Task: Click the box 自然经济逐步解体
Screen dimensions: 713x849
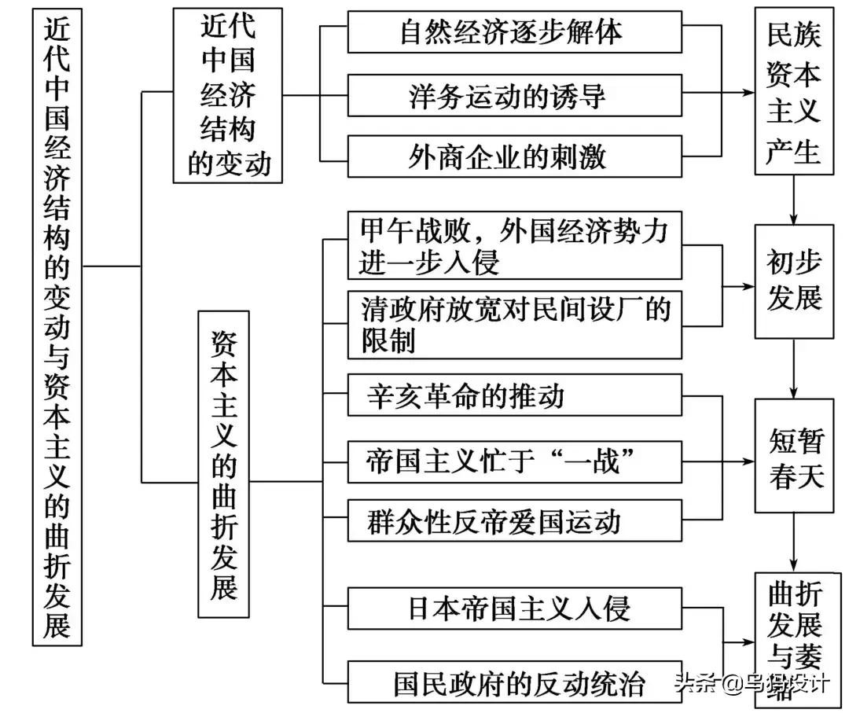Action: (514, 32)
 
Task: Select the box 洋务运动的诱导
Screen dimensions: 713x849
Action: (514, 95)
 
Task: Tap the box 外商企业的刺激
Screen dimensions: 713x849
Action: (514, 156)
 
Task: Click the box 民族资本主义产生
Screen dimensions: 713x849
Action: (794, 90)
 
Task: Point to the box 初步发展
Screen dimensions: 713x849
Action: (794, 281)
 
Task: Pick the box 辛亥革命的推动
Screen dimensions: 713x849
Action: (514, 395)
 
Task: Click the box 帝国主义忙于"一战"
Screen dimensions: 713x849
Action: (514, 460)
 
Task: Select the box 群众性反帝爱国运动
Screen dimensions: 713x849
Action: (514, 520)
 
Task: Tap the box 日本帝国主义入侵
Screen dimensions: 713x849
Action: (514, 608)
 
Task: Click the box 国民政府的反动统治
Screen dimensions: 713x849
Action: (514, 682)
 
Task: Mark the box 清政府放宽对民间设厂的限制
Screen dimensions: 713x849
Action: (514, 325)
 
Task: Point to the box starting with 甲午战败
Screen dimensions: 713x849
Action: (514, 244)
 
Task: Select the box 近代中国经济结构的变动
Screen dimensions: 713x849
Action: (228, 96)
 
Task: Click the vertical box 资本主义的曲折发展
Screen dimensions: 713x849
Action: (224, 464)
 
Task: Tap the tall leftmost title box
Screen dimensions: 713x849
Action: (58, 327)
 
